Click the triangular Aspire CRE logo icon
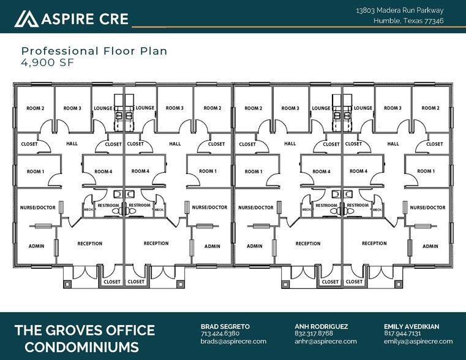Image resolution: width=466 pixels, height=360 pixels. [26, 19]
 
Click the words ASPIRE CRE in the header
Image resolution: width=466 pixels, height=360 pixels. [85, 19]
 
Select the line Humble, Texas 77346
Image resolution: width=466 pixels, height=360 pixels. [408, 21]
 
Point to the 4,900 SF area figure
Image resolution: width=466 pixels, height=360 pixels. [48, 62]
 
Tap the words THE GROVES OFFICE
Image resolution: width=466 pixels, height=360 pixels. [85, 331]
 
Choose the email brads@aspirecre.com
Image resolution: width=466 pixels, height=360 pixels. [233, 341]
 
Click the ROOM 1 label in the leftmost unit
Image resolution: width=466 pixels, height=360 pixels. [35, 171]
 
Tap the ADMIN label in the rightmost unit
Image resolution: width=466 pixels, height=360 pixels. [430, 246]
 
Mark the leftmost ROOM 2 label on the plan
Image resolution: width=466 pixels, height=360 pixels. [35, 108]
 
